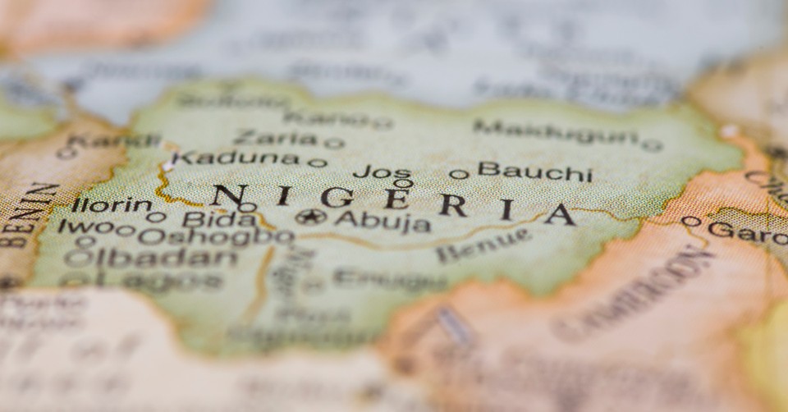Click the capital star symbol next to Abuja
(309, 217)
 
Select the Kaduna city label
(235, 158)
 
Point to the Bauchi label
(534, 172)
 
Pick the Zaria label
(275, 138)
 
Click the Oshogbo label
(215, 236)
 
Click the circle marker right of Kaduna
(317, 163)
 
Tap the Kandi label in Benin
(114, 141)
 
